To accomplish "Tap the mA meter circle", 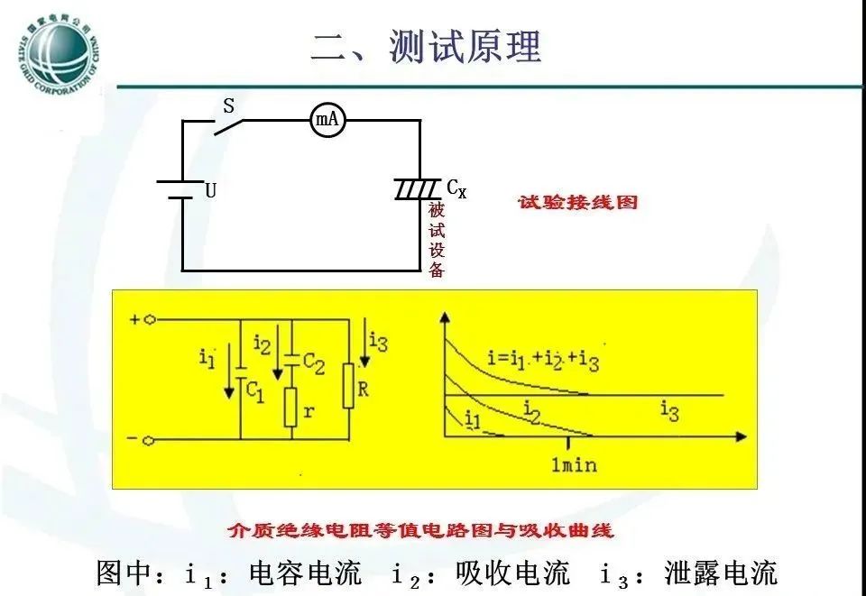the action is [x=328, y=120].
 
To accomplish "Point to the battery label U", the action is [x=210, y=191].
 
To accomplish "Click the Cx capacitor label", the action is [x=456, y=189].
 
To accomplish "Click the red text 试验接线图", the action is [x=577, y=202].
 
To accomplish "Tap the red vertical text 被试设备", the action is [x=437, y=239].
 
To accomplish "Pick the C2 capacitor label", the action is [x=313, y=362].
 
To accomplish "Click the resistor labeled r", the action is [x=291, y=408].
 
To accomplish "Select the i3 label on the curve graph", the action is [x=668, y=412].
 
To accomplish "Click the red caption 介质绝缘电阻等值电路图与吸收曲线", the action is [x=421, y=530].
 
